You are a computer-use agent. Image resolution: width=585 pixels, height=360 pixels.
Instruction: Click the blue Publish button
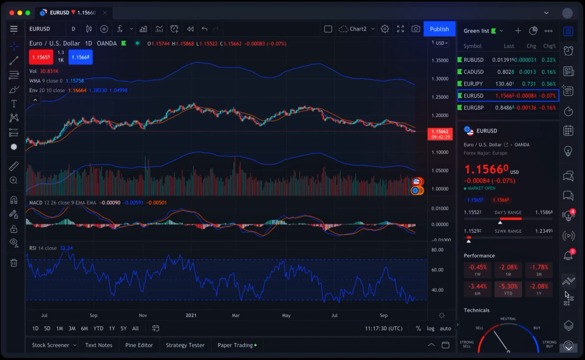[439, 29]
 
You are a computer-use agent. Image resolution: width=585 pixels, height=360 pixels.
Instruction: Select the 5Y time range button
[124, 328]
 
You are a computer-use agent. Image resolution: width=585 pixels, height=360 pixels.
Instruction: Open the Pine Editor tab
[139, 345]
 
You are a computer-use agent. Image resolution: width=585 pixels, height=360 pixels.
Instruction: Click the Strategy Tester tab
[185, 345]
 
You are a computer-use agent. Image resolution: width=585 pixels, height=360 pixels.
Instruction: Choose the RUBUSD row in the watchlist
[474, 60]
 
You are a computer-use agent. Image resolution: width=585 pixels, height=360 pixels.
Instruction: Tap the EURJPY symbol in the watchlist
[474, 84]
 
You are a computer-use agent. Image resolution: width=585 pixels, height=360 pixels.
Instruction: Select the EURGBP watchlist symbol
[474, 108]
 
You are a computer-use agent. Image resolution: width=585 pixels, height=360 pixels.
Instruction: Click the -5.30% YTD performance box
[508, 289]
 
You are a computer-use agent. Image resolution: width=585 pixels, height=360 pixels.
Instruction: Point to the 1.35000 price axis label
[440, 60]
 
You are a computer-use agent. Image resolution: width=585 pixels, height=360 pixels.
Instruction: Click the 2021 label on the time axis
[191, 315]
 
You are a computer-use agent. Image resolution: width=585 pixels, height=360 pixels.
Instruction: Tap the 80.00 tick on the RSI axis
[437, 250]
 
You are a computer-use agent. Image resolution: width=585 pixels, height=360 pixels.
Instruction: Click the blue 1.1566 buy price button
[80, 57]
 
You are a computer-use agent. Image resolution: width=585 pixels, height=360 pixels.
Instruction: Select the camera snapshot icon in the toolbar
[415, 29]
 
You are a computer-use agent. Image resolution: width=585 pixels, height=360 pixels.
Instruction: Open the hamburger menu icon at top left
[14, 29]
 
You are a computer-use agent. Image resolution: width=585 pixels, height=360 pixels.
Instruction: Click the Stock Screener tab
[51, 345]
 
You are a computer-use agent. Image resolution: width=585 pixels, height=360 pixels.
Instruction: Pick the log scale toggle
[430, 328]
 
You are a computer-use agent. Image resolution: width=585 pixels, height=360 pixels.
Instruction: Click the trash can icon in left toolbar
[14, 263]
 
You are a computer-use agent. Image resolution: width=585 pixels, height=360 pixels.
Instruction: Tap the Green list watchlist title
[476, 31]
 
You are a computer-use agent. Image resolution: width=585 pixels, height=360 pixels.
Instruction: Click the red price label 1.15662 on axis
[440, 132]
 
